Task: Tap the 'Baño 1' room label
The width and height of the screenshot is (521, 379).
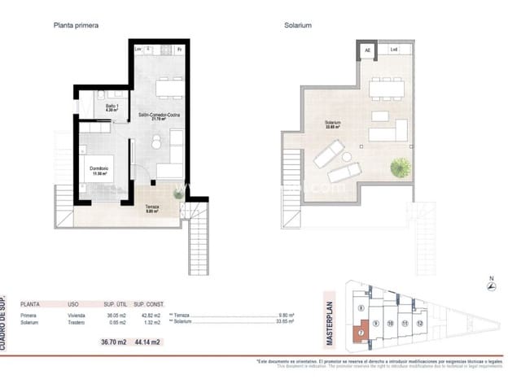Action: (112, 107)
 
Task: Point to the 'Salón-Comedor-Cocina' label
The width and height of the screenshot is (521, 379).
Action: (159, 115)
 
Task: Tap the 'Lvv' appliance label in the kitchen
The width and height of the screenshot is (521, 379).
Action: (138, 50)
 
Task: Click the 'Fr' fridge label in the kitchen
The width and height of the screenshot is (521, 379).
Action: (180, 50)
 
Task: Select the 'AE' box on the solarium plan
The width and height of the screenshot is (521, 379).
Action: (367, 51)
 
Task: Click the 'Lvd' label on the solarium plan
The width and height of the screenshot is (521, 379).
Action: (394, 51)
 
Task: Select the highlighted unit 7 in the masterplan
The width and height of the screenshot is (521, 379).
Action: (360, 331)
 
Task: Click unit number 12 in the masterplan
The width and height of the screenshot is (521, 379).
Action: (418, 323)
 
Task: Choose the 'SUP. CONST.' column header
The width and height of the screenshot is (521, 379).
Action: (149, 302)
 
